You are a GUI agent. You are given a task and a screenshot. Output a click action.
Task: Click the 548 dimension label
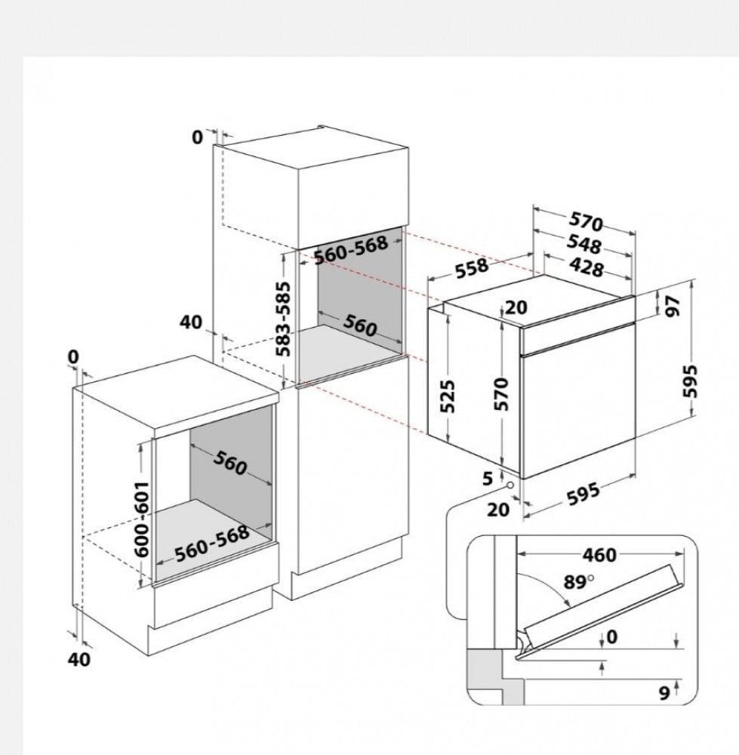click(584, 244)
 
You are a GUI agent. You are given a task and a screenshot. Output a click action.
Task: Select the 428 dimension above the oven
click(586, 267)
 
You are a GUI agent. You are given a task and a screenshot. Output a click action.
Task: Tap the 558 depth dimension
click(472, 268)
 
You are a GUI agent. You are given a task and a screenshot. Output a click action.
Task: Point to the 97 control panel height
click(674, 306)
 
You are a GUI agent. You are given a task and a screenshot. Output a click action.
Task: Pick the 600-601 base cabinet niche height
click(142, 519)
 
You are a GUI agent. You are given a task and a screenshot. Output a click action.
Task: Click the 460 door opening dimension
click(599, 555)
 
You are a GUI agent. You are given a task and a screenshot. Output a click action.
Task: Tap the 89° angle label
click(579, 582)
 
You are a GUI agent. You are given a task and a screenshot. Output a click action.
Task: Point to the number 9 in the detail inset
click(664, 693)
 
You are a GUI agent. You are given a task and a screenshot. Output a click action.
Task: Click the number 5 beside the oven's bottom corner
click(488, 479)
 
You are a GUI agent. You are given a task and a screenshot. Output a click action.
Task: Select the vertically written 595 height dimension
click(690, 381)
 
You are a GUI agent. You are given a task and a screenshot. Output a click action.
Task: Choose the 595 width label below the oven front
click(584, 494)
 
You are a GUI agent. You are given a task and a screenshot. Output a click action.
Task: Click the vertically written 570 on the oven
click(502, 394)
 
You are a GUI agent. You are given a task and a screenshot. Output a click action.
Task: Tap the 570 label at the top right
click(586, 222)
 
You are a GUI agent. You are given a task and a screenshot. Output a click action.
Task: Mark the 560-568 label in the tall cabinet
click(351, 250)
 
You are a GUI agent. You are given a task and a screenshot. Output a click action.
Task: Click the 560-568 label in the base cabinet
click(212, 543)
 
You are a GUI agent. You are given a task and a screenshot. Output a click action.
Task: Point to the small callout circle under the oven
click(510, 485)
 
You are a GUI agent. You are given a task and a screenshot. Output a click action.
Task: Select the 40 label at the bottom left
click(79, 659)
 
